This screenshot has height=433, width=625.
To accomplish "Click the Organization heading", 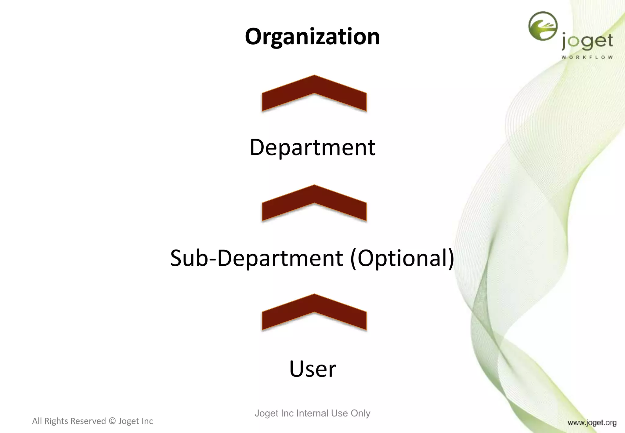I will pyautogui.click(x=312, y=37).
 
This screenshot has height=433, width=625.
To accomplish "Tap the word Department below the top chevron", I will pyautogui.click(x=312, y=147).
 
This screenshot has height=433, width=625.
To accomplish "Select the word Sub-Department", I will pyautogui.click(x=256, y=258).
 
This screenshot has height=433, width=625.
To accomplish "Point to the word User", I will pyautogui.click(x=312, y=369).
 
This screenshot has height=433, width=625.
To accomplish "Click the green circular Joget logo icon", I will pyautogui.click(x=543, y=26).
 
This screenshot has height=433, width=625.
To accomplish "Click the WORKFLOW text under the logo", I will pyautogui.click(x=587, y=57).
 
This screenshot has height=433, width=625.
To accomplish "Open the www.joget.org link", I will pyautogui.click(x=592, y=423).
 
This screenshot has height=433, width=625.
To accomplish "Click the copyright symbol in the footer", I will pyautogui.click(x=112, y=421).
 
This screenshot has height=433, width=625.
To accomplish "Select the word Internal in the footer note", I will pyautogui.click(x=312, y=413).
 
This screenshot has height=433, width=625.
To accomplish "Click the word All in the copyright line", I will pyautogui.click(x=37, y=421).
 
